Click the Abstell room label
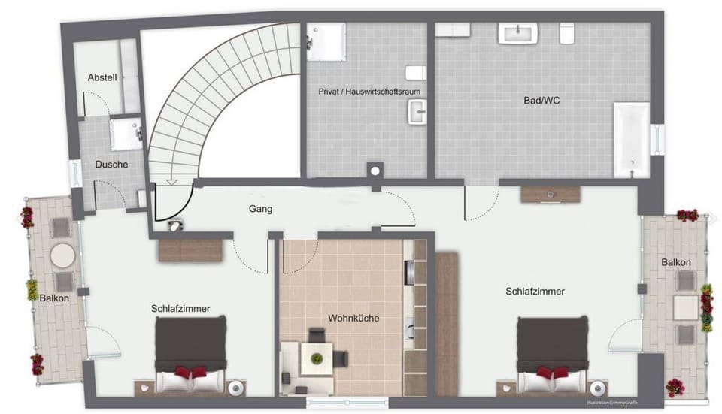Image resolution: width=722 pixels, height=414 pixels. (x=102, y=77)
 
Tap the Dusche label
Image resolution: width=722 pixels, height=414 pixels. (x=111, y=164)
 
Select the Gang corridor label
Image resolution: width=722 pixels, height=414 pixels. (x=260, y=209)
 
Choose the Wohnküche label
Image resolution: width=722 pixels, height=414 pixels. (x=353, y=318)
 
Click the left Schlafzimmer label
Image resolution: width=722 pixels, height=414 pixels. (x=180, y=308)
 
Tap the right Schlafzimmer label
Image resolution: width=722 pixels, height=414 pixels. (x=535, y=291)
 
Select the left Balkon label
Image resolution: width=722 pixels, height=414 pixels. (x=55, y=298)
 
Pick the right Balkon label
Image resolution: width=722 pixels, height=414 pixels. (x=676, y=262)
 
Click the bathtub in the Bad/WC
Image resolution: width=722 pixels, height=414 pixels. (x=631, y=140)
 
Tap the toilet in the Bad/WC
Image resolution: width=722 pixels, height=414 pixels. (x=567, y=32)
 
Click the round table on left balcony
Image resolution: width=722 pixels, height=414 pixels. (x=62, y=255)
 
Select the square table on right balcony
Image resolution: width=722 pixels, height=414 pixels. (x=686, y=307)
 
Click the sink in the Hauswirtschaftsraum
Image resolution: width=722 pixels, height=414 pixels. (x=417, y=113)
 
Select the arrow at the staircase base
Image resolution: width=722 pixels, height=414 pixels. (x=171, y=180)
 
